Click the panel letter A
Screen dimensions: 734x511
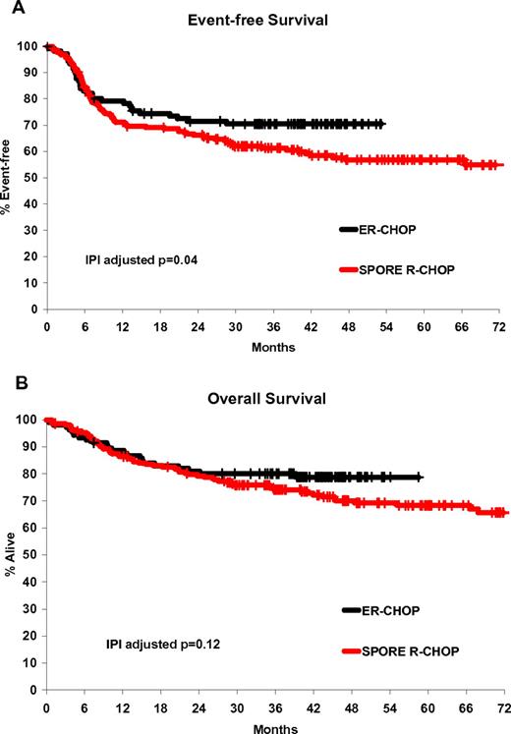(x=8, y=8)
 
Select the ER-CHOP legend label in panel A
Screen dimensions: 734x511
(x=405, y=229)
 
